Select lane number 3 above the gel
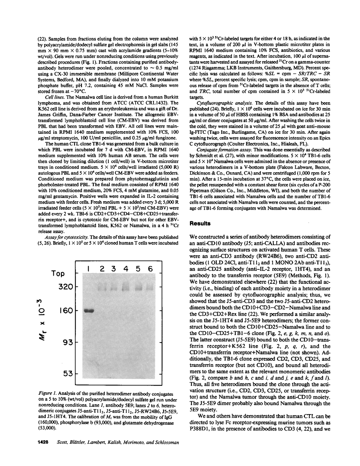pos(113,269)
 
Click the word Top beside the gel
pos(61,273)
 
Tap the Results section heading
pos(200,223)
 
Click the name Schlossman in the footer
pos(166,442)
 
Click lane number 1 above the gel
pos(89,269)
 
